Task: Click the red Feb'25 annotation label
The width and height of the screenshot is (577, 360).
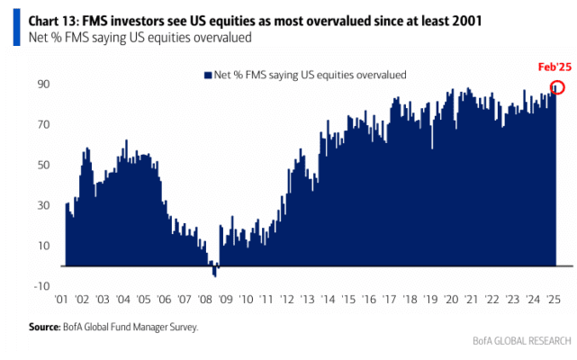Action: click(x=554, y=67)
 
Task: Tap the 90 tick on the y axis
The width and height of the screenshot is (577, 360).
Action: click(x=43, y=84)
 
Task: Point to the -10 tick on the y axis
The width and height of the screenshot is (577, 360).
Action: click(x=41, y=285)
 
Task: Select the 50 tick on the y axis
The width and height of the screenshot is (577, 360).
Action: click(x=43, y=165)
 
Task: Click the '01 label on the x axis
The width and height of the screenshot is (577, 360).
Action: click(x=61, y=300)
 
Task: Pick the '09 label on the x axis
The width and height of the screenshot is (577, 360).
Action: click(x=226, y=300)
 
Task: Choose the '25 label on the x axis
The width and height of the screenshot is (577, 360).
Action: click(x=554, y=300)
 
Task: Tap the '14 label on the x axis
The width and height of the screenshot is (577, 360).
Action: click(x=328, y=300)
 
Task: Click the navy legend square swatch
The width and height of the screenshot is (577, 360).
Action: click(x=208, y=75)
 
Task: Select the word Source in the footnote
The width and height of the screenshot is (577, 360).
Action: click(x=44, y=327)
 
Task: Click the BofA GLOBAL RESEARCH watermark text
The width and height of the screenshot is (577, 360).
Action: click(x=522, y=341)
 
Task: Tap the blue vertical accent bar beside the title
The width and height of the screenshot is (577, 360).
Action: click(x=16, y=27)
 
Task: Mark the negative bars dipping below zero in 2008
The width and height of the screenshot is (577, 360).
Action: click(x=215, y=271)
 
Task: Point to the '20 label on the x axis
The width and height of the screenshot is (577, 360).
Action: click(x=451, y=300)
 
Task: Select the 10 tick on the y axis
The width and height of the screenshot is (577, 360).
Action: click(x=43, y=246)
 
